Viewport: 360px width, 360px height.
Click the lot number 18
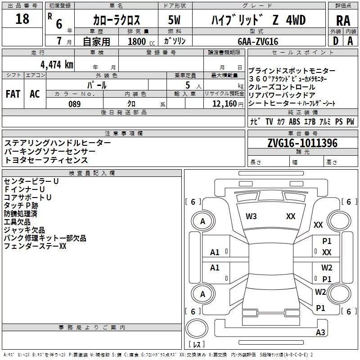[22, 19]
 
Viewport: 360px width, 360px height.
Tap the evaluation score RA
[343, 21]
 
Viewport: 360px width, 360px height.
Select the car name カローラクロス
[117, 20]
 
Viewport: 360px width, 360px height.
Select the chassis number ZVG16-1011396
[302, 143]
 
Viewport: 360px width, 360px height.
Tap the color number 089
[74, 104]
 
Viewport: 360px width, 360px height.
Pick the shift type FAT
[13, 94]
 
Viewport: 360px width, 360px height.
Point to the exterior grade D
[335, 41]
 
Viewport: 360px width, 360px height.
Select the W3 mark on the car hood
[251, 216]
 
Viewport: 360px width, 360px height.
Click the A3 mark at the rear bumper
[320, 333]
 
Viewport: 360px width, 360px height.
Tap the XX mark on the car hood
[291, 216]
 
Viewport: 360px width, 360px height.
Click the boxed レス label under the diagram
[197, 344]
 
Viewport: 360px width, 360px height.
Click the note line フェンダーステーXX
[35, 246]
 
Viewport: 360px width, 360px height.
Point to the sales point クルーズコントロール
[282, 87]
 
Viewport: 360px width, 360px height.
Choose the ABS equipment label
[294, 122]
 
